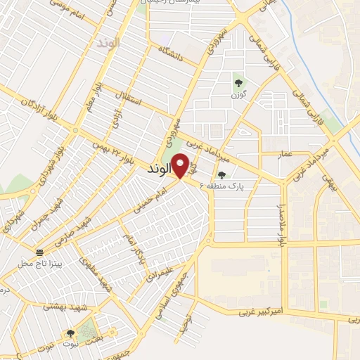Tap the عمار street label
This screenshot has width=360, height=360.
[304, 153]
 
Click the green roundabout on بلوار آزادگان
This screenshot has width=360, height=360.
[75, 129]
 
